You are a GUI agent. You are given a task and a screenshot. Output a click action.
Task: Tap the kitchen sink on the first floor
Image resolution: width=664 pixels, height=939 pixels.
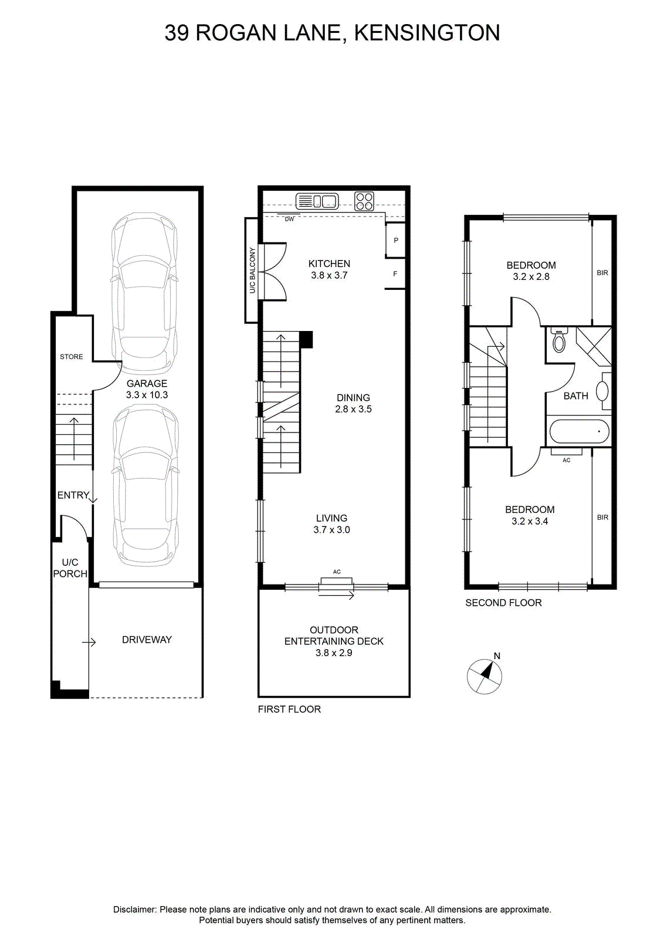317,201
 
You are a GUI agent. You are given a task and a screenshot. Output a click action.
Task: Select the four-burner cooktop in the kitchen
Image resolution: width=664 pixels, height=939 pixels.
364,201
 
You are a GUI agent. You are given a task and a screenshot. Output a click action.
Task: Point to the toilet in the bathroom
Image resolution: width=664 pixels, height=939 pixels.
559,339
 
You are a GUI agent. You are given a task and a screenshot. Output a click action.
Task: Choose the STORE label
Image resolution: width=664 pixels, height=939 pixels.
71,357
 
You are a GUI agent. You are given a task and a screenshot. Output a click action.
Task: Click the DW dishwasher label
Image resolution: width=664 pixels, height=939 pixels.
290,219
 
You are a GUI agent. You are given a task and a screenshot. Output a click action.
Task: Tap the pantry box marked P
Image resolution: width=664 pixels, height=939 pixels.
395,240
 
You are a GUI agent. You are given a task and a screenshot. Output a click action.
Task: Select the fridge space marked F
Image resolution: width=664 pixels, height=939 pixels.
395,273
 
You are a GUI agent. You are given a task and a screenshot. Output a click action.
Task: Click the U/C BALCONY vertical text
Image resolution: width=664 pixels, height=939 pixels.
252,271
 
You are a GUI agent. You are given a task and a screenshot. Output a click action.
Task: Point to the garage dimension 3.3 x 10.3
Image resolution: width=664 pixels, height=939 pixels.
147,395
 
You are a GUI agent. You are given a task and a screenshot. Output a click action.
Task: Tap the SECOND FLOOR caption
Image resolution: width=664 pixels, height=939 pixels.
503,603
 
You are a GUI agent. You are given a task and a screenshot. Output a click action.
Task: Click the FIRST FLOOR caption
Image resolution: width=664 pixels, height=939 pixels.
289,710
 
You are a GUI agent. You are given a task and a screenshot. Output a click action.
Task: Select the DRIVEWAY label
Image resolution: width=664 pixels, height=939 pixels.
147,640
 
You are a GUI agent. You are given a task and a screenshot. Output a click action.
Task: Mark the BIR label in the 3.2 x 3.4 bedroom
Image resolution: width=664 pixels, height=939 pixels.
602,517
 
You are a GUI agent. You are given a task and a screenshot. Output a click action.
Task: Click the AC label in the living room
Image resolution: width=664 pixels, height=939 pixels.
337,572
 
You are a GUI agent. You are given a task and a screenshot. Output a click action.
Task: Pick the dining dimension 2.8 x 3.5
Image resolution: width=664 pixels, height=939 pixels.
353,409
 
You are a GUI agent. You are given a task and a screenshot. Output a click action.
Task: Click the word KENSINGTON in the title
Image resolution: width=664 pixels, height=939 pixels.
427,33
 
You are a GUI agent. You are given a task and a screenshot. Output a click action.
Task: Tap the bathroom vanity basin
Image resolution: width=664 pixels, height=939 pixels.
602,391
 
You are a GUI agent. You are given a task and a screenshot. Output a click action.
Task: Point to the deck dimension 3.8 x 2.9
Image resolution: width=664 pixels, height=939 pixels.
334,653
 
